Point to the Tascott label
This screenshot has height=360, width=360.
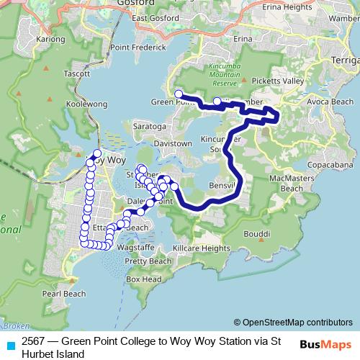(x=76, y=73)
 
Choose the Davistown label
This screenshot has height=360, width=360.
(x=174, y=143)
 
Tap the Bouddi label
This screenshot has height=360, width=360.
(x=256, y=234)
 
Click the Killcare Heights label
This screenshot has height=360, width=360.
(x=204, y=248)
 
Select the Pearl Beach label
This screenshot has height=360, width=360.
(x=64, y=294)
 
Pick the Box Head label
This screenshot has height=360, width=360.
(x=143, y=279)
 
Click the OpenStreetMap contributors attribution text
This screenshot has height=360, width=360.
(x=293, y=322)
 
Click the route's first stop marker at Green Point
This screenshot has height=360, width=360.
(x=179, y=94)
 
